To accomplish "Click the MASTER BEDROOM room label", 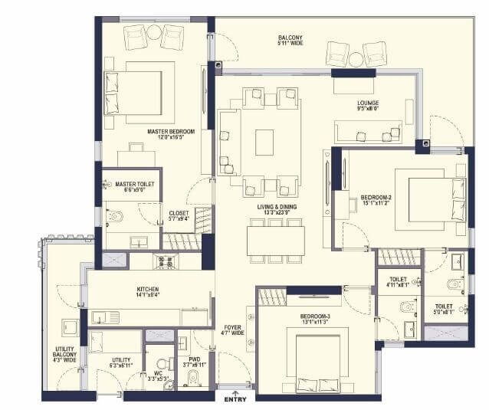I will click(x=171, y=132).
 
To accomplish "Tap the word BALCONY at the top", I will click(x=290, y=38).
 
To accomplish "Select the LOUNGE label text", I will click(x=368, y=102).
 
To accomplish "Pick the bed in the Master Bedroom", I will click(x=133, y=93).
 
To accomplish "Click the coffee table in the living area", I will click(x=264, y=137).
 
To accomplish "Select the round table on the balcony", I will click(x=356, y=58).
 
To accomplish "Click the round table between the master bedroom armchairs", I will click(x=154, y=33).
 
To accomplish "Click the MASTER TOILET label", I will click(x=135, y=184).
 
